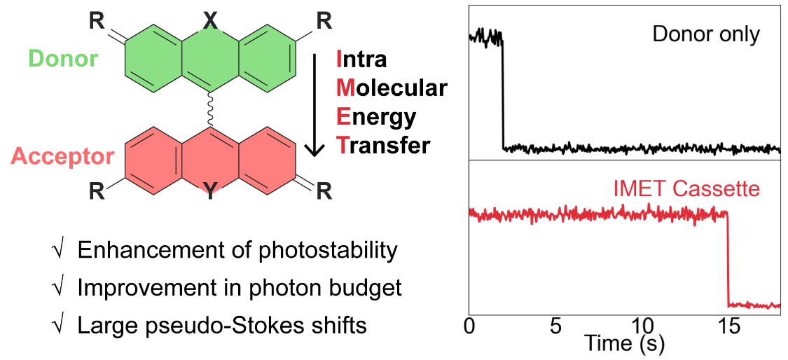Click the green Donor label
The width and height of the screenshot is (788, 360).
(63, 59)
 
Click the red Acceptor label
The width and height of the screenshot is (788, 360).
(62, 155)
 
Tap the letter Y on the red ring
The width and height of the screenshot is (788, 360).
(209, 191)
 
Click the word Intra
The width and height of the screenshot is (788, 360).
(361, 59)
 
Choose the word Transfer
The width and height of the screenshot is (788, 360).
(382, 145)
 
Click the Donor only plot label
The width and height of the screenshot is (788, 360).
(705, 34)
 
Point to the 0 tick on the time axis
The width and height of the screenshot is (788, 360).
(469, 327)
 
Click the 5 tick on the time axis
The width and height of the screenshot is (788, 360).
(555, 327)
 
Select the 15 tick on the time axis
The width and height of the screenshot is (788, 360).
(728, 327)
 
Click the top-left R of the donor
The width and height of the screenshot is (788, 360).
(95, 22)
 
